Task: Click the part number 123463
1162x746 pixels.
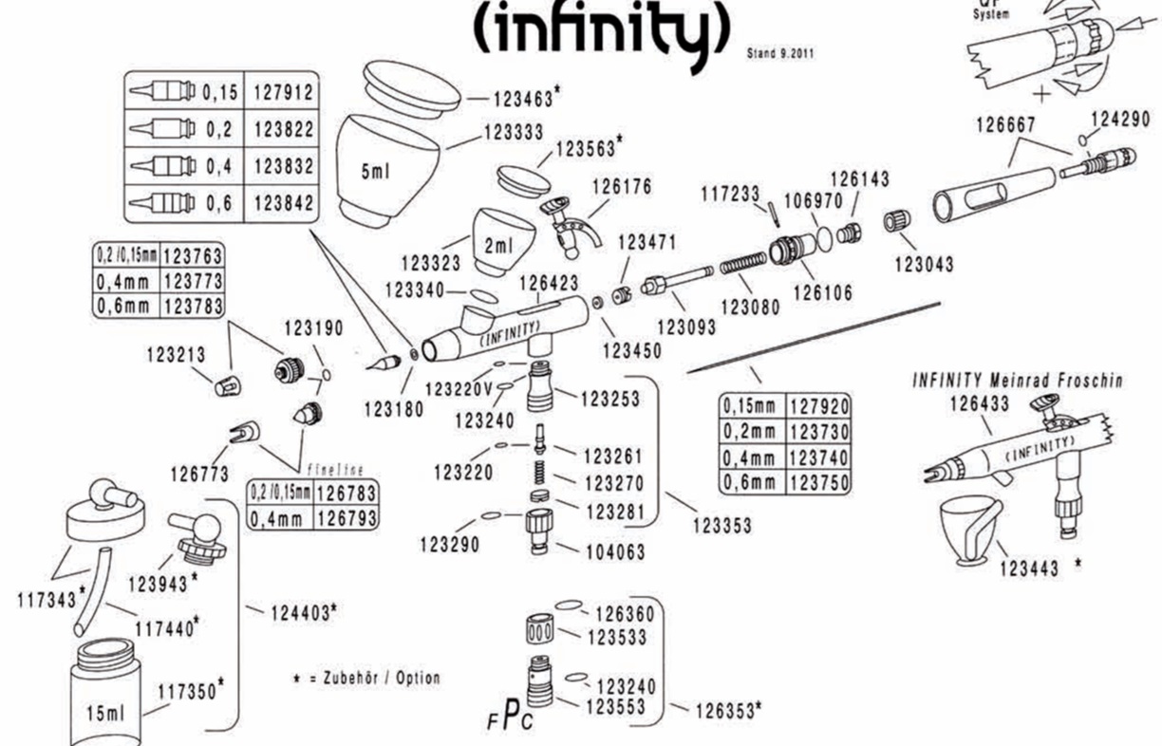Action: coord(524,97)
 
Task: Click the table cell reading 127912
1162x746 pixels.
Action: coord(282,92)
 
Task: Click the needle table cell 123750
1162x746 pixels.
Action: coord(820,481)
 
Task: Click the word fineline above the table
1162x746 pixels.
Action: coord(337,471)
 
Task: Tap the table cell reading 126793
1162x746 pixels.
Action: coord(346,518)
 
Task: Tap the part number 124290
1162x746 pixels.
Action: coord(1120,120)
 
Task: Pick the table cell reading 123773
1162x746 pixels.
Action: coord(193,281)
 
